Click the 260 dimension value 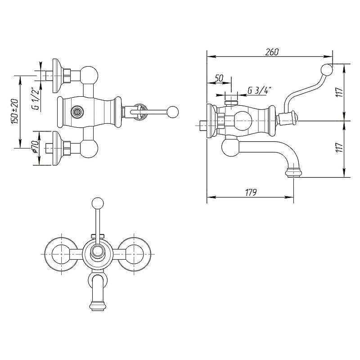(272, 52)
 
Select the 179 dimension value (251, 193)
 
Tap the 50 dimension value (219, 78)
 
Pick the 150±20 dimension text (14, 111)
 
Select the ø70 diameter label (35, 147)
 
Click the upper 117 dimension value (340, 92)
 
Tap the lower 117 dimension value (340, 147)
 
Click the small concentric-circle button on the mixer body (77, 112)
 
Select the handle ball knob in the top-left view (173, 112)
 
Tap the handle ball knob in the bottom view (98, 203)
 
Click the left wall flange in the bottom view (62, 254)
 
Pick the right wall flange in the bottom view (134, 254)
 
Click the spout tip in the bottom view (98, 306)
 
